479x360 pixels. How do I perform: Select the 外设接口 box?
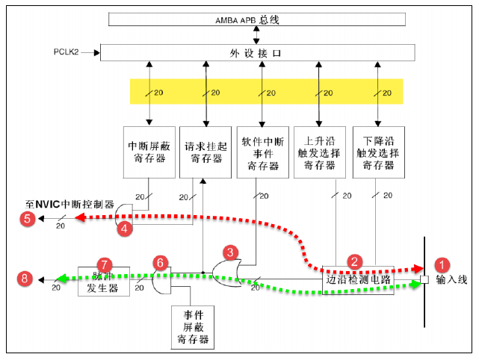click(x=257, y=52)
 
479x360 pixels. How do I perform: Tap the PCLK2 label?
click(x=67, y=52)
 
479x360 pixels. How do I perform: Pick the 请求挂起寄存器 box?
click(x=204, y=152)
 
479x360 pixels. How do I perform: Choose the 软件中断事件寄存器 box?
click(x=261, y=152)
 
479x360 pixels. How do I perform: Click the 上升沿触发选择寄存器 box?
click(x=320, y=152)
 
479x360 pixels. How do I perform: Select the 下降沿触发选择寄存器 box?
click(x=377, y=152)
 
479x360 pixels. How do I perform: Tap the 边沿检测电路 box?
click(x=357, y=281)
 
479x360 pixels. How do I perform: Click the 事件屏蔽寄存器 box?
click(x=191, y=327)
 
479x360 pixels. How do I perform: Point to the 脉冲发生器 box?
click(x=104, y=280)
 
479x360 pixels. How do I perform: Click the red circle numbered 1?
click(x=442, y=264)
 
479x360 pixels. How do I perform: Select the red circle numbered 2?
click(x=356, y=262)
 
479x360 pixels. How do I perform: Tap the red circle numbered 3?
click(x=232, y=252)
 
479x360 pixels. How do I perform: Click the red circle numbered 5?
click(x=28, y=219)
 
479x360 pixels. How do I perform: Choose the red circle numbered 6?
click(x=159, y=263)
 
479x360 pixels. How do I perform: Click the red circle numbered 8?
click(x=28, y=279)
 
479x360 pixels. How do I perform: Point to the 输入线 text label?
click(x=451, y=280)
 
